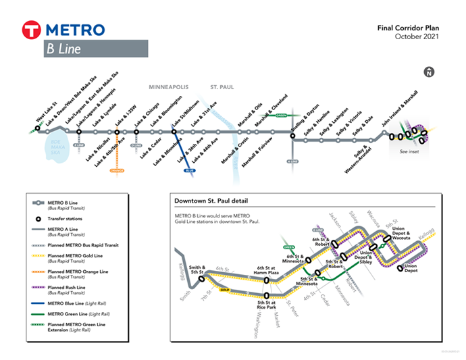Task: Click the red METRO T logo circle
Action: coord(32,30)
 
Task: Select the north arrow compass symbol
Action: coord(428,72)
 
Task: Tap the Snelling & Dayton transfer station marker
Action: coord(292,136)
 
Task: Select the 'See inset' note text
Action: coord(409,152)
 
